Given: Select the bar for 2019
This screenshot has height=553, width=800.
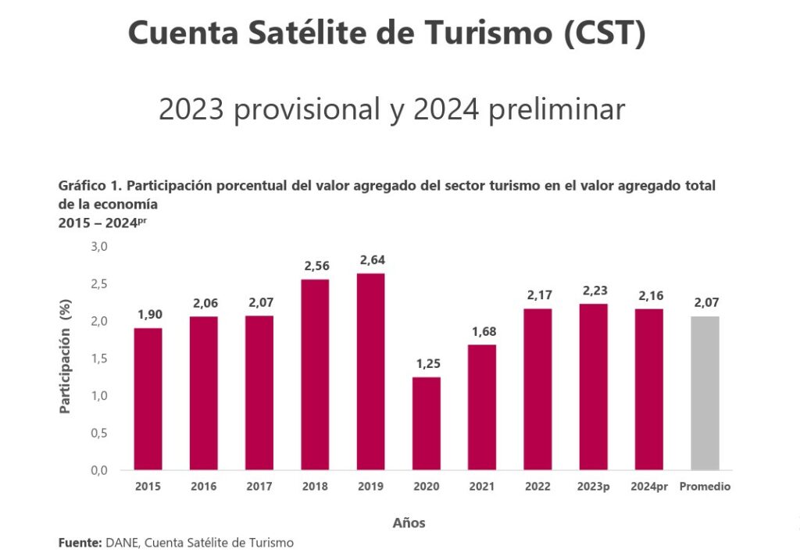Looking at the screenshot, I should tap(371, 372).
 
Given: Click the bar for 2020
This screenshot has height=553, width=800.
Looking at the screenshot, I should tap(427, 423).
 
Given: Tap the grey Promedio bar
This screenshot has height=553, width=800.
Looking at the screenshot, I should tap(705, 393).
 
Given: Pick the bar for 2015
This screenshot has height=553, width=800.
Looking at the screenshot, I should tap(148, 398).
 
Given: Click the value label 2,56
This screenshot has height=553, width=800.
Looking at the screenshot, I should tap(315, 266).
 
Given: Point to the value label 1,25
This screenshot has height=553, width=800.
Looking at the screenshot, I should tap(427, 364).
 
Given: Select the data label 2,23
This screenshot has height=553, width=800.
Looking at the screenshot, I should tap(594, 291).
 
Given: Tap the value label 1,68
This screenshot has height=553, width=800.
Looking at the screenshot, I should tap(483, 332).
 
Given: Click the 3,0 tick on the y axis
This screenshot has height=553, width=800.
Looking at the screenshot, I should tap(99, 247).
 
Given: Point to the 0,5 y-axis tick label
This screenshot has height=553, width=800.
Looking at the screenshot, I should tap(99, 433).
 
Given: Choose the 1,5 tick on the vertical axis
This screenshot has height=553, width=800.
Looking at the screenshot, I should tap(99, 359).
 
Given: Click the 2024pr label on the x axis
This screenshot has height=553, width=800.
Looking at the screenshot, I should tap(649, 487).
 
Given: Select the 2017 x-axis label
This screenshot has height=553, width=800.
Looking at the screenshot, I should tap(259, 487).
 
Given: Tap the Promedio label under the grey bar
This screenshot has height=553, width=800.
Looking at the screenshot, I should tap(705, 487).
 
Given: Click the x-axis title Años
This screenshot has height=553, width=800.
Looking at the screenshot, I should tap(409, 523).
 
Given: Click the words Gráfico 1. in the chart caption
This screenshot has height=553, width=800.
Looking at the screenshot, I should tap(89, 186).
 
